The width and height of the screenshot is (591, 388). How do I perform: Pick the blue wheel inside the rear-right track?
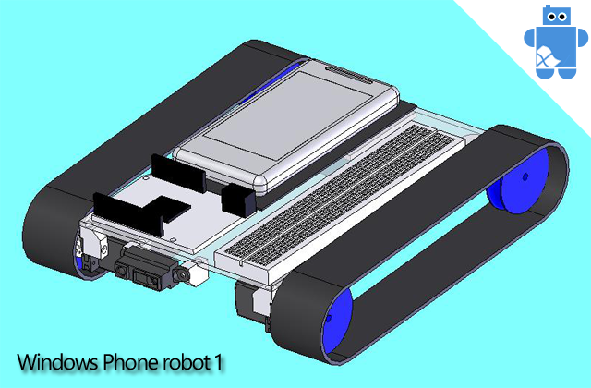click(519, 188)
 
